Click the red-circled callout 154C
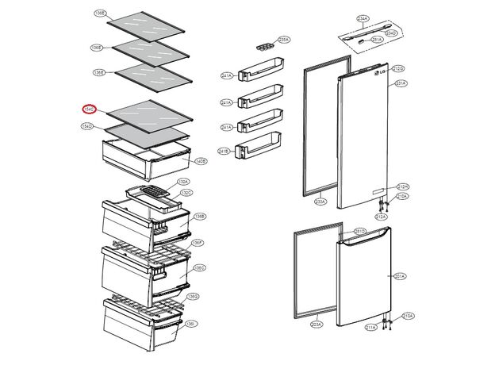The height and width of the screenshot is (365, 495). (90, 109)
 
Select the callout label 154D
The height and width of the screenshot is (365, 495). (87, 126)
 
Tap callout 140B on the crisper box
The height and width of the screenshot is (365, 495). (200, 161)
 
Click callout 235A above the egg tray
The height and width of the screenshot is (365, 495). (283, 39)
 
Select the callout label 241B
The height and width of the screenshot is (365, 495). (225, 151)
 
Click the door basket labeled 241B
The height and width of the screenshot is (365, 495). (259, 147)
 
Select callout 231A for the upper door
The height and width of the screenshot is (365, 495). (401, 83)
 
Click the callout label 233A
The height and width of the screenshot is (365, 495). (320, 202)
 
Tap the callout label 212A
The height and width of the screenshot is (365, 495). (381, 216)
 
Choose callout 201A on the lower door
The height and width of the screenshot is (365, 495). (400, 276)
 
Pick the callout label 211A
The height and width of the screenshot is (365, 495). (370, 327)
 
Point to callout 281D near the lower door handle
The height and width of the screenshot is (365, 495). (359, 232)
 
